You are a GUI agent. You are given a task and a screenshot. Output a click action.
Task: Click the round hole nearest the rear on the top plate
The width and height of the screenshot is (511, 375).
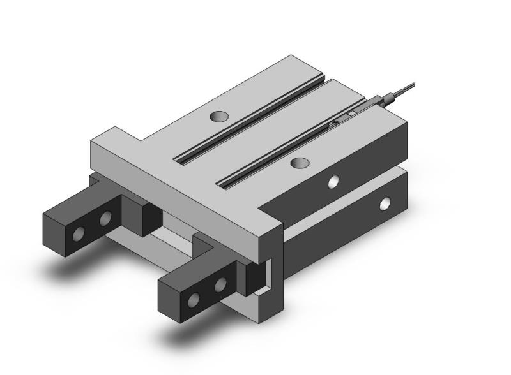click(x=218, y=117)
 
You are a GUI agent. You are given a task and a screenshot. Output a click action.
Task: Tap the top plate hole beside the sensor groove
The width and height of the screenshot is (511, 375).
click(x=298, y=163)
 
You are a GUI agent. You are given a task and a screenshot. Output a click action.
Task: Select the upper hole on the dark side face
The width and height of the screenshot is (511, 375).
click(x=333, y=182)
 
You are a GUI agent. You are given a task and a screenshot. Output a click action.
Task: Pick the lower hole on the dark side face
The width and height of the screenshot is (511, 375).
click(x=385, y=204)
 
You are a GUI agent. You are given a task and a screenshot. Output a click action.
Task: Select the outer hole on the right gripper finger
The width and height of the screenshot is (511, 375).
click(x=194, y=298)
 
